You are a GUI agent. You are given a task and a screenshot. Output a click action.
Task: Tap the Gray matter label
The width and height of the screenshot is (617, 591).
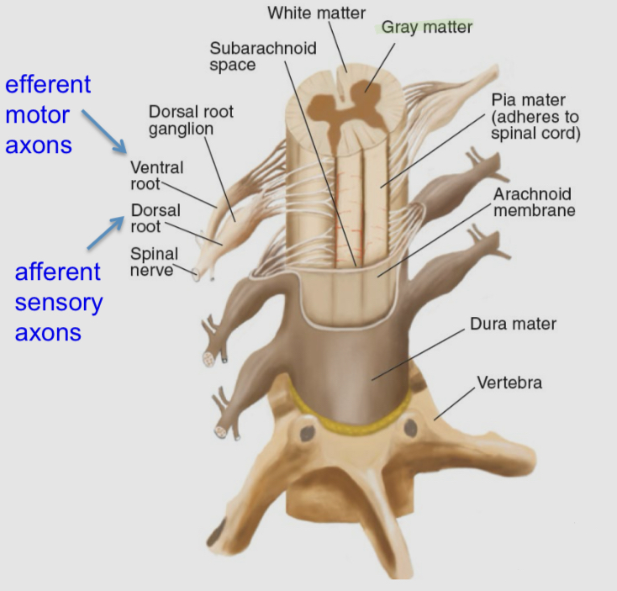click(x=426, y=27)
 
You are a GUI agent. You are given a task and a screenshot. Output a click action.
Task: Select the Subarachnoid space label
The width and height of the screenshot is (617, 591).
click(x=262, y=55)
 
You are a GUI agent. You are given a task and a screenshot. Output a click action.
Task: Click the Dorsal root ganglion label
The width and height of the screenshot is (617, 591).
click(x=190, y=120)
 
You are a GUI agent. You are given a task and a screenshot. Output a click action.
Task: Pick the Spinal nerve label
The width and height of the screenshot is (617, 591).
click(x=154, y=261)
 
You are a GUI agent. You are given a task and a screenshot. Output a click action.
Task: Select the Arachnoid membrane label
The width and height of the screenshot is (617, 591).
click(x=534, y=202)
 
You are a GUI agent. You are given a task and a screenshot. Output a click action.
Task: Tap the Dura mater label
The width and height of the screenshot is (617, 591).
click(x=513, y=323)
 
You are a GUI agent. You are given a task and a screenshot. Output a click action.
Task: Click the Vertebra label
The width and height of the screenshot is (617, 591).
click(x=509, y=383)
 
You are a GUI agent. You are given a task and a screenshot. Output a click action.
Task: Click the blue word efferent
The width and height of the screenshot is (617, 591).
click(x=48, y=84)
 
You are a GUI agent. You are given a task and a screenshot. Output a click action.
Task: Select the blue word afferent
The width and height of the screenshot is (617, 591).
click(x=58, y=272)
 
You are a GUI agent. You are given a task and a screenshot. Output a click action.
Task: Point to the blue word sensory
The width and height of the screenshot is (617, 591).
click(x=59, y=302)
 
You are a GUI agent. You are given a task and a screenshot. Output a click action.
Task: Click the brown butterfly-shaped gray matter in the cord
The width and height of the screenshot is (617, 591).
click(x=340, y=109)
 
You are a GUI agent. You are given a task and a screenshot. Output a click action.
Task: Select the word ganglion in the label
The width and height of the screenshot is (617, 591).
click(x=181, y=129)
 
